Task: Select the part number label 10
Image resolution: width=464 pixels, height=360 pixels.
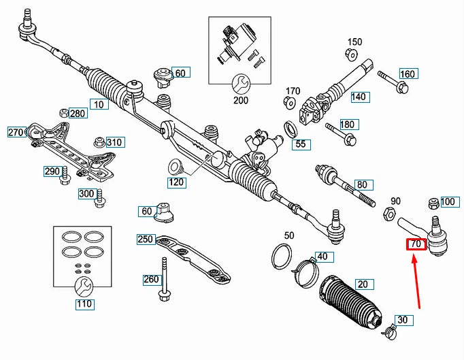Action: [x=99, y=105]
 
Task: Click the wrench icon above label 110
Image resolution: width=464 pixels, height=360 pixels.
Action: [x=84, y=284]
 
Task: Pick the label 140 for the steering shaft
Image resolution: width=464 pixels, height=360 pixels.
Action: [x=359, y=97]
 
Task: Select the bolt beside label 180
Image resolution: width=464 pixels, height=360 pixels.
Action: [x=339, y=133]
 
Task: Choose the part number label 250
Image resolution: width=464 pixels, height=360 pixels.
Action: [x=146, y=239]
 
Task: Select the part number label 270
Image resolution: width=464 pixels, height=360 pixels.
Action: [x=16, y=131]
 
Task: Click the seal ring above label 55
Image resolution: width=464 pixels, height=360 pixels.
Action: [x=290, y=128]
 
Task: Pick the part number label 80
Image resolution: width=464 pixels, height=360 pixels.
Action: [x=361, y=184]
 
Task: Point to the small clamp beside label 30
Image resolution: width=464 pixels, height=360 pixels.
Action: [x=390, y=333]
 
